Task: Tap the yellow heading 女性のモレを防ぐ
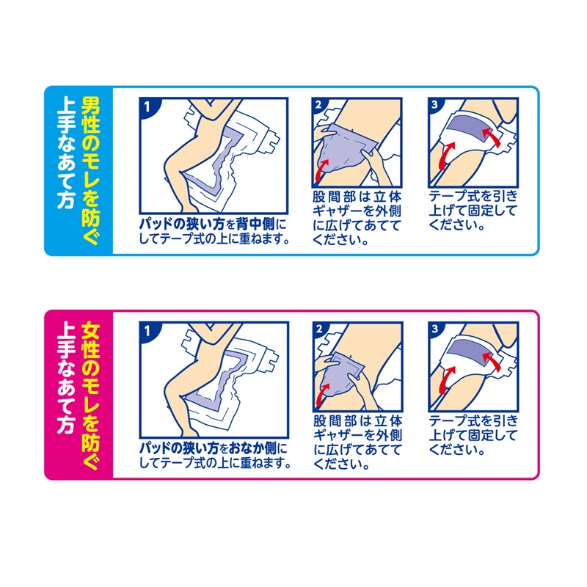tap(90, 395)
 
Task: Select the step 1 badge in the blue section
tap(147, 107)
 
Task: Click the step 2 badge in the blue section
tap(318, 105)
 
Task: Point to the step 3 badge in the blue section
tap(434, 105)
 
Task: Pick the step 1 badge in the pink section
tap(147, 331)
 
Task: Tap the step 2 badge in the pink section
tap(319, 329)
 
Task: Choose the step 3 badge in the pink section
tap(434, 329)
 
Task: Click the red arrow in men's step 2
tap(322, 170)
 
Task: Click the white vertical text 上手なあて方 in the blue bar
tap(66, 153)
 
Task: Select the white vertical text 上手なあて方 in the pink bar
tap(66, 378)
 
